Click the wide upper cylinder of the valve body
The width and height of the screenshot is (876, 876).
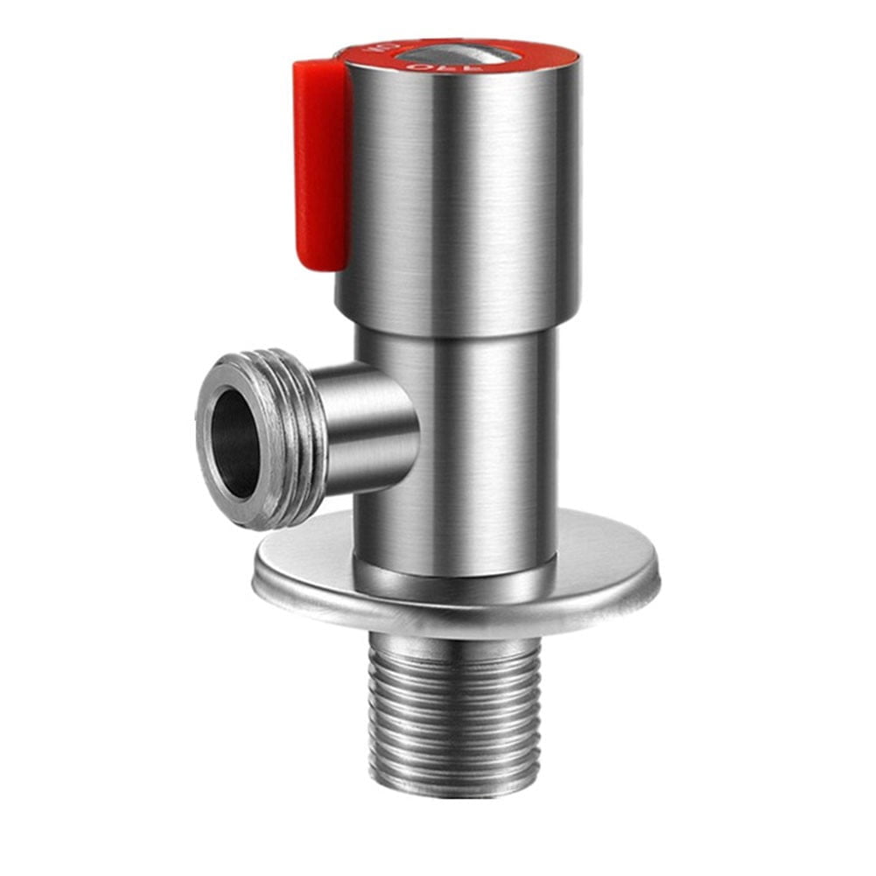[464, 193]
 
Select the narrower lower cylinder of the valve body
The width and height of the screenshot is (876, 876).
[473, 438]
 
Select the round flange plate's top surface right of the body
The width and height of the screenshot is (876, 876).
[604, 560]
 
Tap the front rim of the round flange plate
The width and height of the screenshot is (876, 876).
[455, 617]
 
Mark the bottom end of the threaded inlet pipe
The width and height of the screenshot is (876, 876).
[454, 788]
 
